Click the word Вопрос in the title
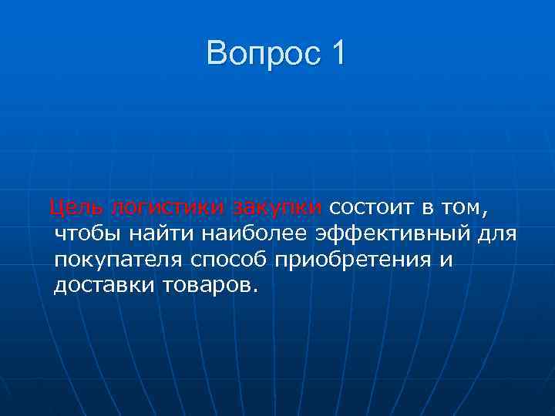pyautogui.click(x=261, y=53)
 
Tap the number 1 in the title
pyautogui.click(x=337, y=53)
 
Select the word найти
pyautogui.click(x=163, y=233)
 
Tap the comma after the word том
pyautogui.click(x=488, y=212)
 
